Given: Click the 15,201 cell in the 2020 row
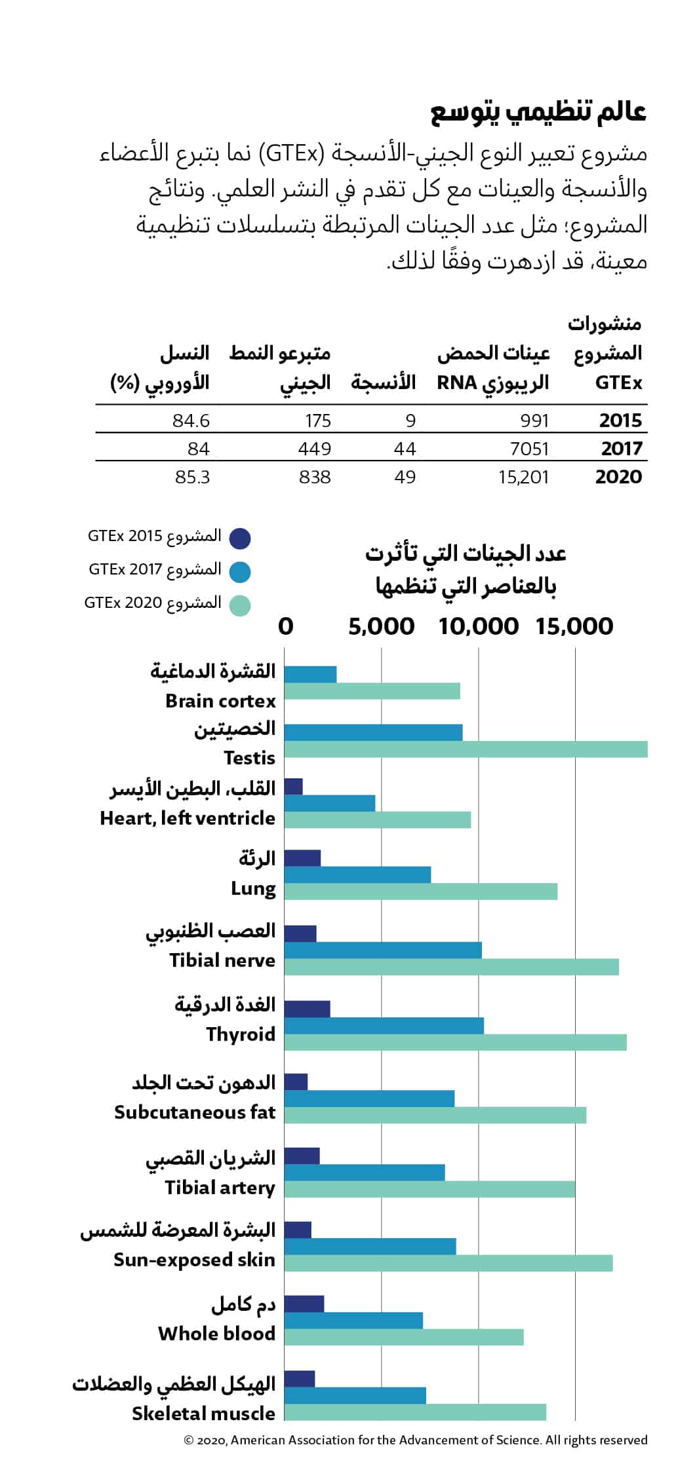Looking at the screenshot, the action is point(523,477).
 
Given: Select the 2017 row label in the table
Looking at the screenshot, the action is point(622,449).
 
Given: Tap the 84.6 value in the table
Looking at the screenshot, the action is point(191,421).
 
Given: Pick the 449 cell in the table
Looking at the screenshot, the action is point(315,449).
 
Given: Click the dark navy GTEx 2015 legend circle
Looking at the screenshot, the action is point(240,538).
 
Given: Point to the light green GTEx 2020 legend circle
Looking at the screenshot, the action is point(240,605).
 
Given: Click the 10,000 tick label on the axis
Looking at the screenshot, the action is point(479,627).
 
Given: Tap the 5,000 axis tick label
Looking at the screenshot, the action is point(382,627).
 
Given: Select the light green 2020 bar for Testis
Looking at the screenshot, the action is point(466,749).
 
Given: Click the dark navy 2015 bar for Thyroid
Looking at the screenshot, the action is point(308,1009).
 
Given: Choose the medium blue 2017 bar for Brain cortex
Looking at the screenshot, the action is point(311,674).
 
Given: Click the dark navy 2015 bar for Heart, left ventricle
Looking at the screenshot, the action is point(294,786).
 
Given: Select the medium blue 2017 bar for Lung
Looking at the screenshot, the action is point(358,875).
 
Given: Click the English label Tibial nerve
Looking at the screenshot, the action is point(222,960).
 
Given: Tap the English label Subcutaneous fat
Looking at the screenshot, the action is point(195,1112).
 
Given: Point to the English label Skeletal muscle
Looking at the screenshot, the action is point(204,1414).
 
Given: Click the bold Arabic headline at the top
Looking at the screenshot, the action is point(538,112).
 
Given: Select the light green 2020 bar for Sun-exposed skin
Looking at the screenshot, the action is point(448,1263).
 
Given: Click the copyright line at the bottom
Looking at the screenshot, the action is point(416,1440).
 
